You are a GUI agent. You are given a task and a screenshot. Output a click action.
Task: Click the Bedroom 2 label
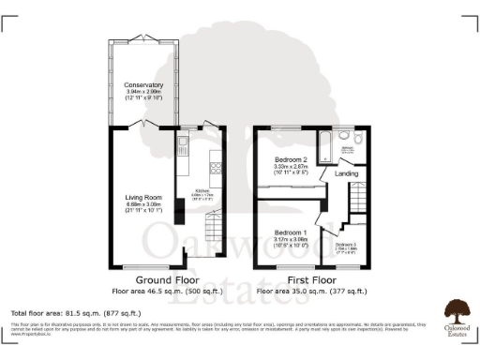[x=292, y=160]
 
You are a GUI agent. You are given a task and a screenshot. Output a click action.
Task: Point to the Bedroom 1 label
[x=291, y=232]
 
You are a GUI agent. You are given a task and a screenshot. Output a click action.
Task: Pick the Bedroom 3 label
[x=346, y=245]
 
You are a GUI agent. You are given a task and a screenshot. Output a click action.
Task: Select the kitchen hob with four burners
[x=215, y=169]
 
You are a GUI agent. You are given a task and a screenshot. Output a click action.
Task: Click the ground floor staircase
[x=215, y=230]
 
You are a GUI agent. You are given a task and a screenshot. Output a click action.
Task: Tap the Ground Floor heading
[x=166, y=280]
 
